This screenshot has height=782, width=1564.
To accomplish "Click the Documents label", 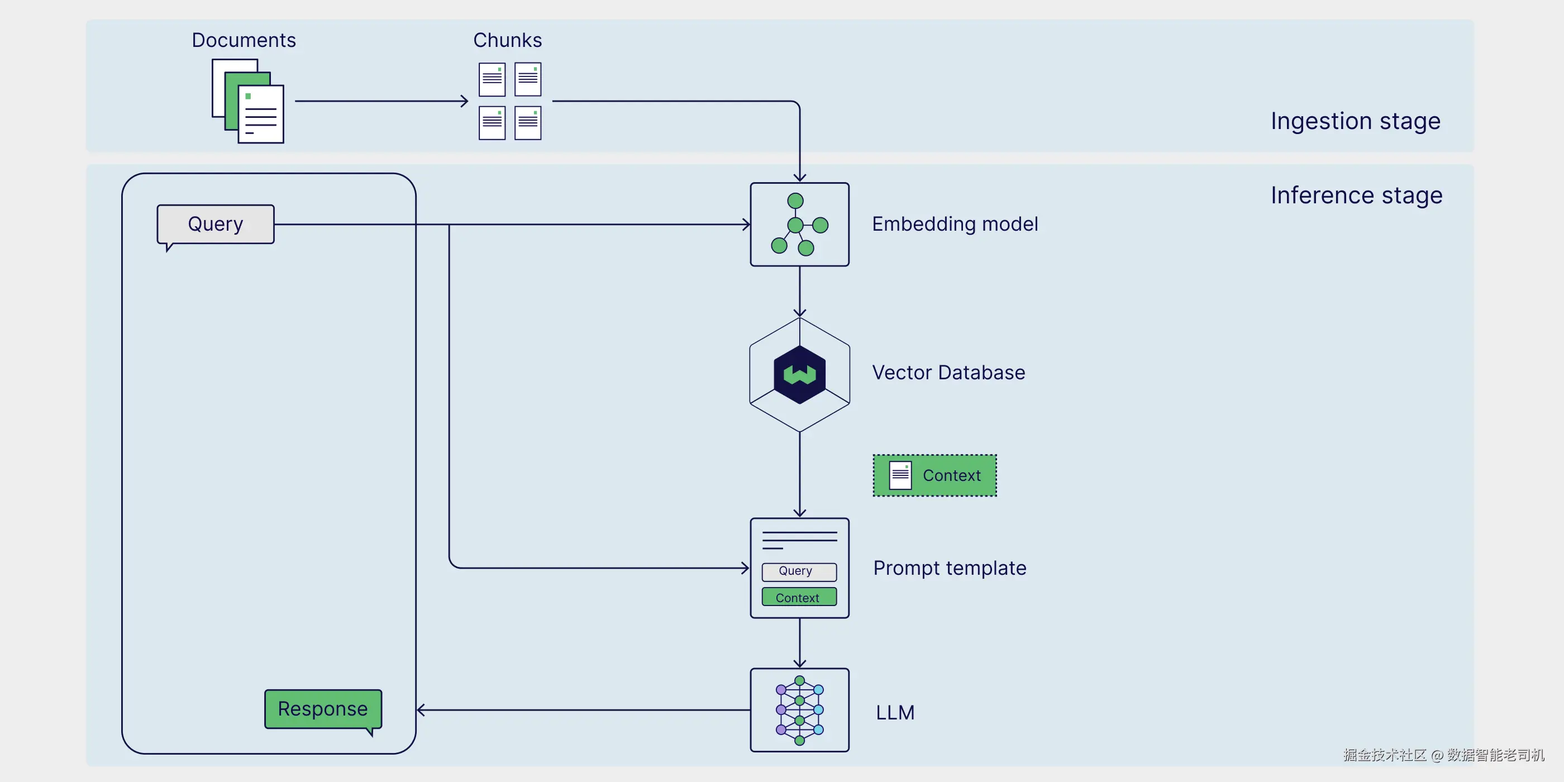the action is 244,40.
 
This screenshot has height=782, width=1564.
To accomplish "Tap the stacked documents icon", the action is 247,101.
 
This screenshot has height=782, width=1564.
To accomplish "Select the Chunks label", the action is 508,40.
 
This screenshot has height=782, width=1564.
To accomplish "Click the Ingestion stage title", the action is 1355,121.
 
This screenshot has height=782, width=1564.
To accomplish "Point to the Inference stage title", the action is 1356,195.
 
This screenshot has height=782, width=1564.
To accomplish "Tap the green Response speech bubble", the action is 323,711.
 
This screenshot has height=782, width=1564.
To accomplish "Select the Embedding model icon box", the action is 800,224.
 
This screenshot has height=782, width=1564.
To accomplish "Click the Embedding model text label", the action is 955,224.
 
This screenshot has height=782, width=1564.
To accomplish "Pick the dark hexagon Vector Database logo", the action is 800,375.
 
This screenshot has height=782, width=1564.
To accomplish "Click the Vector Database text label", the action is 948,372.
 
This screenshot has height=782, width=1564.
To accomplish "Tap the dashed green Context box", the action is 934,475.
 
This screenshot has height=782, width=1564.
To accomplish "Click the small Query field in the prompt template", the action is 799,571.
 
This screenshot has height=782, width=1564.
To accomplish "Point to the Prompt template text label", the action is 950,568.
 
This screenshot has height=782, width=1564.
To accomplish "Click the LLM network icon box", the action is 800,710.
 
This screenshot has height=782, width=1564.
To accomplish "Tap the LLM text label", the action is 895,712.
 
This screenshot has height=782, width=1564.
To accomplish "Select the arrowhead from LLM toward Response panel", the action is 421,710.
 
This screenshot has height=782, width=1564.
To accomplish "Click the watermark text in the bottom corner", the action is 1444,755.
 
